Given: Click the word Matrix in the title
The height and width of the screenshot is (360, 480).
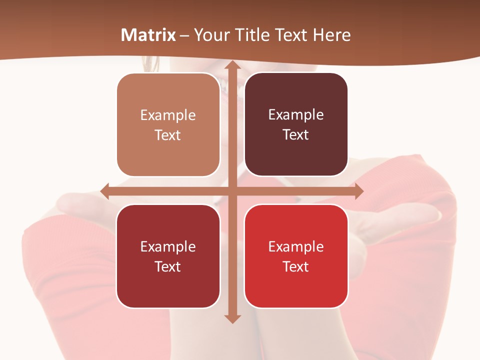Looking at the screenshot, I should pyautogui.click(x=148, y=35).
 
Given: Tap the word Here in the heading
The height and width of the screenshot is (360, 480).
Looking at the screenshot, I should pyautogui.click(x=332, y=35).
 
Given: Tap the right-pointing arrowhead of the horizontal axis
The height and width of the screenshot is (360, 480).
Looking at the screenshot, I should pyautogui.click(x=358, y=191).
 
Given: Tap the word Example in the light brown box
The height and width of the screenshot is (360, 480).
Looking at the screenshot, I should pyautogui.click(x=168, y=115).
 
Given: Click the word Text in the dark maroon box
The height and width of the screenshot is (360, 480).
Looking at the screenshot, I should pyautogui.click(x=296, y=135).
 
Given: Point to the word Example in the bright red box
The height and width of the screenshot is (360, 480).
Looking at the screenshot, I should pyautogui.click(x=296, y=246).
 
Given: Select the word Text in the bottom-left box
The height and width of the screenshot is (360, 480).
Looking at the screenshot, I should pyautogui.click(x=168, y=266).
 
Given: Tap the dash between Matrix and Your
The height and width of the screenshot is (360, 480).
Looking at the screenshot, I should pyautogui.click(x=184, y=35).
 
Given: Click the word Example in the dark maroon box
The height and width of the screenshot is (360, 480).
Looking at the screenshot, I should pyautogui.click(x=296, y=115).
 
